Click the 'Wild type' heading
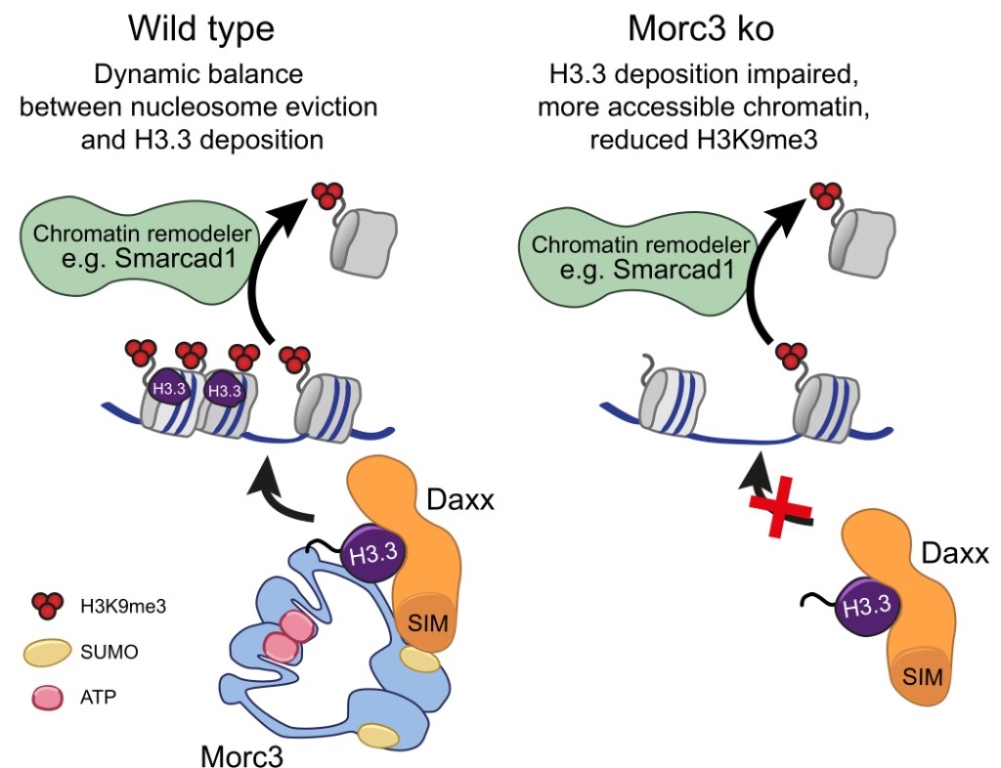click(201, 28)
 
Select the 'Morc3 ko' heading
click(705, 28)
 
